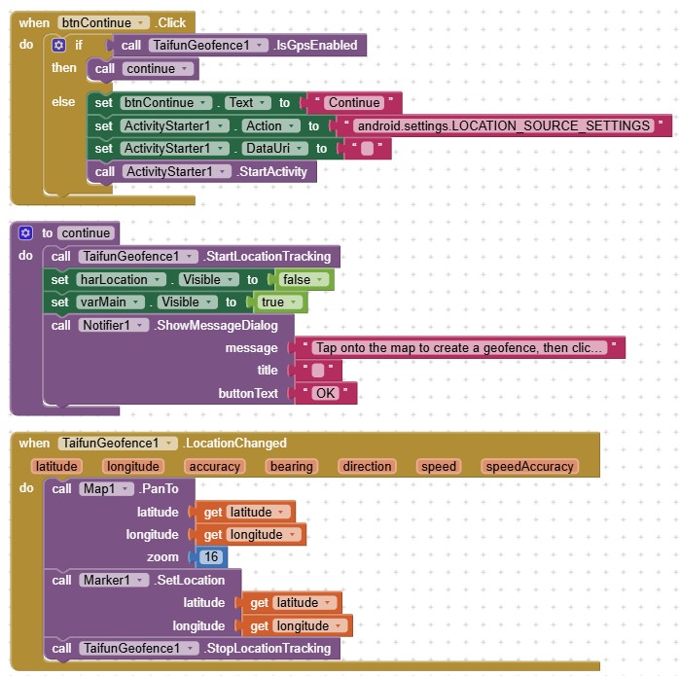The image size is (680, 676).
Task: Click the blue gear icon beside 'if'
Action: tap(59, 45)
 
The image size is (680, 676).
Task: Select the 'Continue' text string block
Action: tap(353, 102)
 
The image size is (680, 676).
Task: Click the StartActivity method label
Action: tap(272, 172)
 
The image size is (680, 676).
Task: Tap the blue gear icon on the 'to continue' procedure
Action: tap(25, 233)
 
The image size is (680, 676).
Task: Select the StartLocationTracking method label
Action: tap(268, 257)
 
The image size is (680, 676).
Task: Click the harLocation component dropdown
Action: tap(118, 280)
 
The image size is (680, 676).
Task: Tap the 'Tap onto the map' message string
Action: tap(461, 347)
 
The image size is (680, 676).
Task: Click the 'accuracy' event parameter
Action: tap(214, 467)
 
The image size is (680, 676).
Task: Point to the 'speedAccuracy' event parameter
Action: tap(529, 467)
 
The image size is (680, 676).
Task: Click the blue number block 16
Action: tap(210, 557)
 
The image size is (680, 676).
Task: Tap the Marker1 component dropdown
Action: tap(109, 581)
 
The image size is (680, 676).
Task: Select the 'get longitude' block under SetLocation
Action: tap(302, 626)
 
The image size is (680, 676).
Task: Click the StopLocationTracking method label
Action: tap(268, 649)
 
